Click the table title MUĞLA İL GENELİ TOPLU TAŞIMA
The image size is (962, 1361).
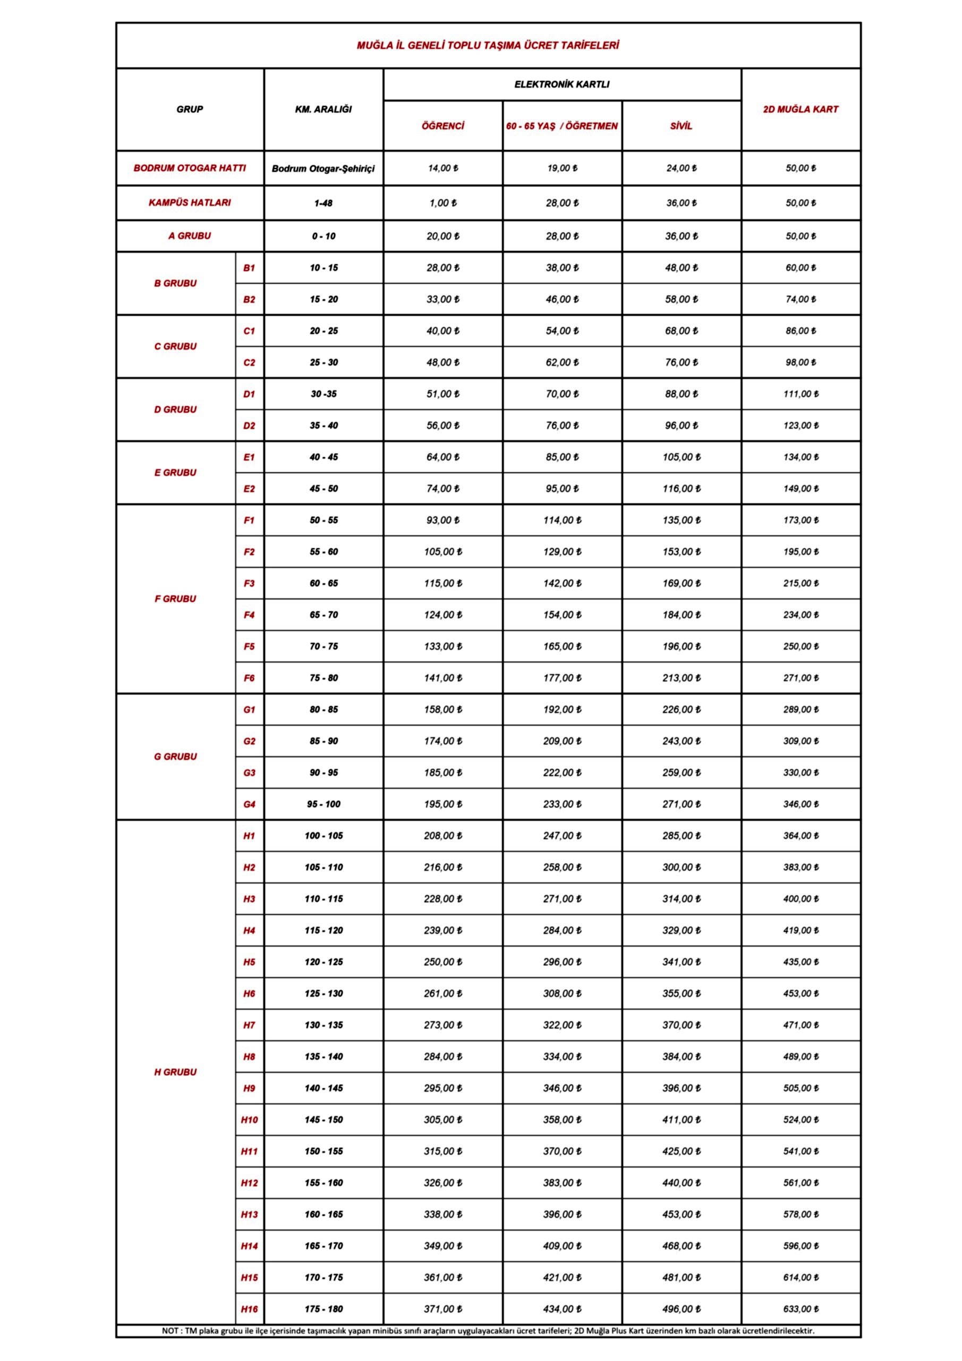(x=488, y=46)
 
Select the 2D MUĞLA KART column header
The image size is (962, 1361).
(x=801, y=109)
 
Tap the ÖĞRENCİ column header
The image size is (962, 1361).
(x=442, y=125)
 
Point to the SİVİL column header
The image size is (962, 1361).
(x=681, y=125)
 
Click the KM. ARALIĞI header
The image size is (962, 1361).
(x=323, y=109)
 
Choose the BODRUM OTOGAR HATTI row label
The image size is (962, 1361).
(x=190, y=168)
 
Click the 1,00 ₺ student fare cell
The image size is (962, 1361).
(x=442, y=203)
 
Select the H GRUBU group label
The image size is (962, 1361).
(x=175, y=1072)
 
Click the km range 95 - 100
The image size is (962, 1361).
(x=323, y=804)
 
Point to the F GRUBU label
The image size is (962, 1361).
(x=175, y=599)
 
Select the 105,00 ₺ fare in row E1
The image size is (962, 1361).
(x=681, y=457)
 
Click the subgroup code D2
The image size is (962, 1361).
(x=249, y=426)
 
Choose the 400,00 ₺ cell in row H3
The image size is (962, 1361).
(x=801, y=898)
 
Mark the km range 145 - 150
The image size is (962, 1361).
(x=323, y=1120)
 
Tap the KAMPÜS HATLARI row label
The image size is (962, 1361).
(x=190, y=203)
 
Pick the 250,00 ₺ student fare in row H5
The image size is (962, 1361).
(x=442, y=962)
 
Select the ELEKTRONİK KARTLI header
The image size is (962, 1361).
(x=561, y=84)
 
